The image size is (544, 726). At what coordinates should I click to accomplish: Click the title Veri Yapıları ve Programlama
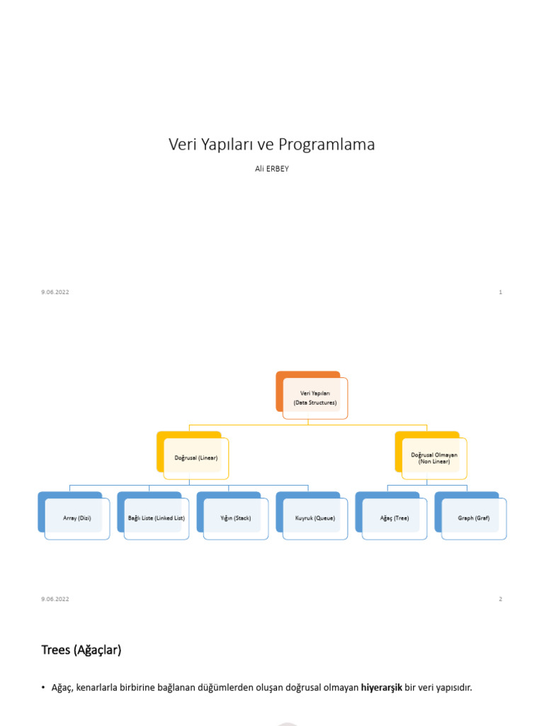(271, 145)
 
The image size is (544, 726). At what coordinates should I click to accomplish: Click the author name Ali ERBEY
(271, 169)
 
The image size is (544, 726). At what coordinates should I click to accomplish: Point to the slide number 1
(500, 292)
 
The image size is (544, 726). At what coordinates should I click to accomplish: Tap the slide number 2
(500, 599)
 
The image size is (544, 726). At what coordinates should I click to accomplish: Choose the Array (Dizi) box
(77, 518)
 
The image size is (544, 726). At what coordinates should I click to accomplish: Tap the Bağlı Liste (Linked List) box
(157, 518)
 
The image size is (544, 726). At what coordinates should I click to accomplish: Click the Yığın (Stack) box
(236, 518)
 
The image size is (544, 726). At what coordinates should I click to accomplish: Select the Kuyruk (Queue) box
(315, 518)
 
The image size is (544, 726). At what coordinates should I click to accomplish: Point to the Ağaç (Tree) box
(395, 518)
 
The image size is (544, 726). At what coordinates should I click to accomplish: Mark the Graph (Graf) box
(474, 518)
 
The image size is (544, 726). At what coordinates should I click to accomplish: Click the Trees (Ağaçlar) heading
(81, 650)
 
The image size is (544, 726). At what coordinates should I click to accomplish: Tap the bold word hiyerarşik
(381, 688)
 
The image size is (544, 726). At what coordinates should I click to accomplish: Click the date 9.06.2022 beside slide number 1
(55, 292)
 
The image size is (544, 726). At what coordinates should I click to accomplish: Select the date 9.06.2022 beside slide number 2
(55, 599)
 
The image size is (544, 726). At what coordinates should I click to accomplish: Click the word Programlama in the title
(327, 145)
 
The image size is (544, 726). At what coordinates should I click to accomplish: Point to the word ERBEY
(277, 169)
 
